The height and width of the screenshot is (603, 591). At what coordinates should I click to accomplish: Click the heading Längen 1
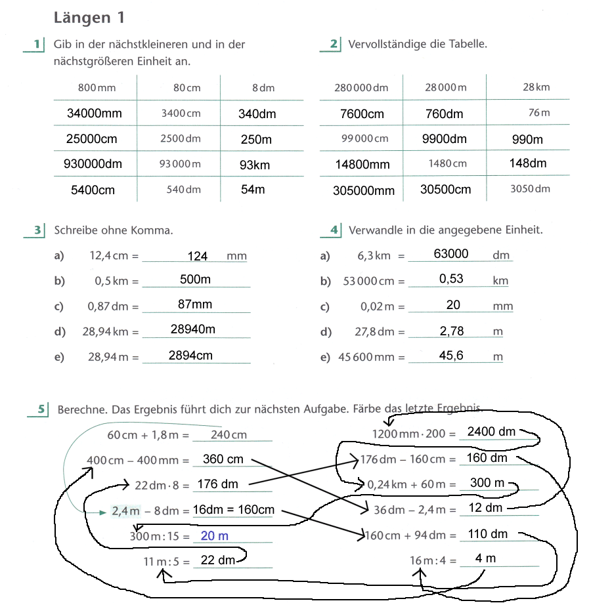tap(89, 18)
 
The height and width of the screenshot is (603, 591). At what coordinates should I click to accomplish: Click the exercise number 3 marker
tap(39, 230)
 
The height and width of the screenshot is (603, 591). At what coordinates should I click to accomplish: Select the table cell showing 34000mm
tap(95, 114)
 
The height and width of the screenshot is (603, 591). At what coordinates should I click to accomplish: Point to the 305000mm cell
tap(364, 191)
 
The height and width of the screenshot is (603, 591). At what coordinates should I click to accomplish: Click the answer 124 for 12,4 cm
tap(198, 256)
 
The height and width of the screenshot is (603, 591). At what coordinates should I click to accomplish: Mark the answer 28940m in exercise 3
tap(193, 329)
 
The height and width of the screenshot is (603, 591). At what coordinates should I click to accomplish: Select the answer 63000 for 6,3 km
tap(451, 254)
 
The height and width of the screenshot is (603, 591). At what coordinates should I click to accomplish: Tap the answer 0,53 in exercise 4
tap(451, 279)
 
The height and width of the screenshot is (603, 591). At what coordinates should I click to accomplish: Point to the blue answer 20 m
tap(215, 536)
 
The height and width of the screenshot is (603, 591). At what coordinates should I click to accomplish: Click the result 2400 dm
tap(491, 432)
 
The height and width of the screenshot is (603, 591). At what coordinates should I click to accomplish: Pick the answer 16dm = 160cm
tap(234, 510)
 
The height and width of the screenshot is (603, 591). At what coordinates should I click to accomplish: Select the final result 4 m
tap(485, 559)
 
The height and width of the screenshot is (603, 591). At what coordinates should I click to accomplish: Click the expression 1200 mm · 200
tap(408, 434)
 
